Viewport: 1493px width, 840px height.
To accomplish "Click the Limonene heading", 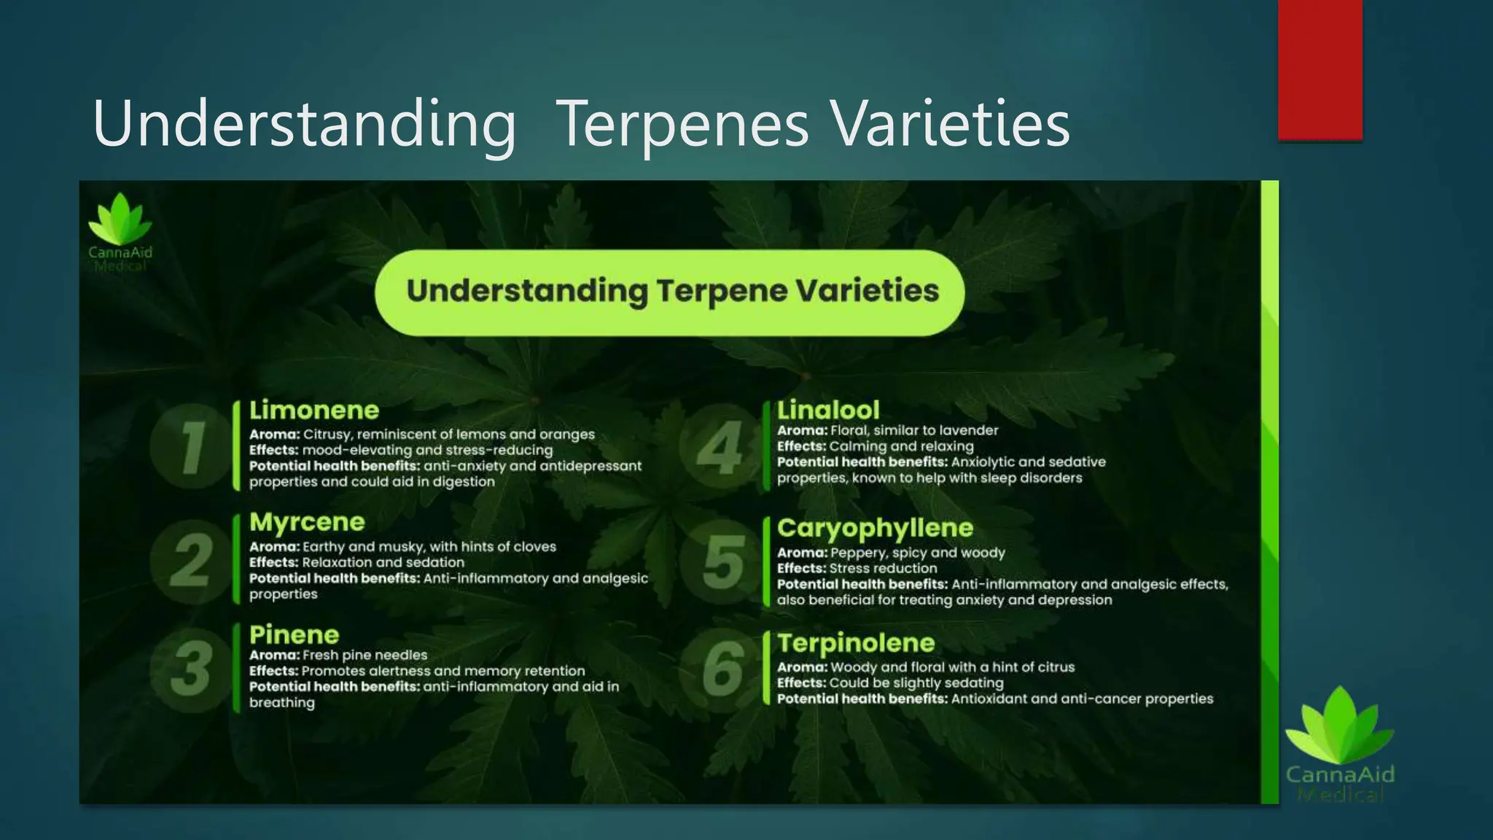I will [x=314, y=411].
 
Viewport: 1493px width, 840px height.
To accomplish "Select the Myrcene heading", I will [x=307, y=522].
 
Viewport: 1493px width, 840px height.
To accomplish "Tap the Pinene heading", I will [x=295, y=634].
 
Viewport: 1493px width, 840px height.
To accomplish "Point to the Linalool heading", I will [x=828, y=410].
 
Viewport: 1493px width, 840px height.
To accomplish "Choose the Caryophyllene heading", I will [x=875, y=528].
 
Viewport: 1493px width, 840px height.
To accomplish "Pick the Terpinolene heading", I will [x=856, y=643].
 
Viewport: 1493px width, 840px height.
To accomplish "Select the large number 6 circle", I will [x=722, y=669].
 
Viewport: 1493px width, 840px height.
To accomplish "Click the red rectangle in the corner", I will [x=1319, y=69].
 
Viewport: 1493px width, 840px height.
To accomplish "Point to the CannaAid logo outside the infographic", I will [x=1340, y=744].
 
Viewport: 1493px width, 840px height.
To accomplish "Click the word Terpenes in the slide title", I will [x=684, y=124].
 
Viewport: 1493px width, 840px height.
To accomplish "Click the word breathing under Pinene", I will [x=282, y=703].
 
